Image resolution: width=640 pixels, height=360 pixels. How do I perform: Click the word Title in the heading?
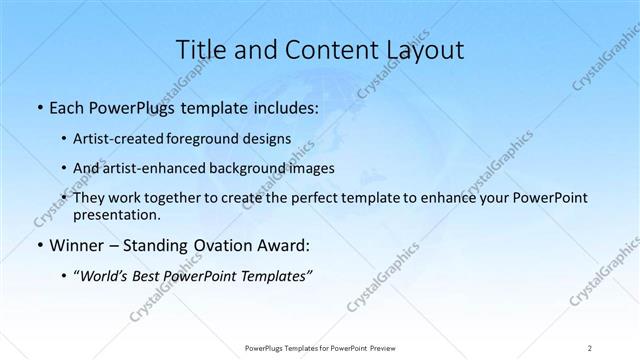[x=200, y=51]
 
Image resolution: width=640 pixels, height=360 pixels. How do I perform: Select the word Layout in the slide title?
[x=424, y=51]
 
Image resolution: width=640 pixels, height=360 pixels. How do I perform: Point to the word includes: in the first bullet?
[x=276, y=105]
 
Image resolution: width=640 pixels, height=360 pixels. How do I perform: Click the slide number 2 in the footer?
[x=589, y=348]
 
